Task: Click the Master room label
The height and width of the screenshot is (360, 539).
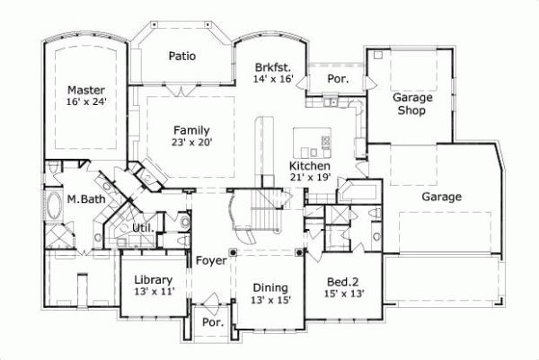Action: click(x=86, y=91)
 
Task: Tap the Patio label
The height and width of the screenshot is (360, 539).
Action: click(x=182, y=57)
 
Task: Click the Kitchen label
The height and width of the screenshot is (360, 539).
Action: click(x=309, y=167)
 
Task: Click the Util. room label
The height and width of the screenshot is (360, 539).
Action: click(x=143, y=228)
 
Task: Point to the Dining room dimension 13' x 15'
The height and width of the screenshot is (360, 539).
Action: click(x=270, y=300)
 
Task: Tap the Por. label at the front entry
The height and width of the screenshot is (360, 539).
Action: click(x=213, y=320)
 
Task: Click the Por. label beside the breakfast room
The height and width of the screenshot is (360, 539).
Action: click(x=339, y=80)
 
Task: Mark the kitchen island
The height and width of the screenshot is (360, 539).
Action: click(x=312, y=142)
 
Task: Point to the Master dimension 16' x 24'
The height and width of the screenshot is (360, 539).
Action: click(x=86, y=102)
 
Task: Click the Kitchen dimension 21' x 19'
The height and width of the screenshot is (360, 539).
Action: click(x=309, y=178)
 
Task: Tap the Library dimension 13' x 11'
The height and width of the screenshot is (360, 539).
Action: click(x=147, y=291)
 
